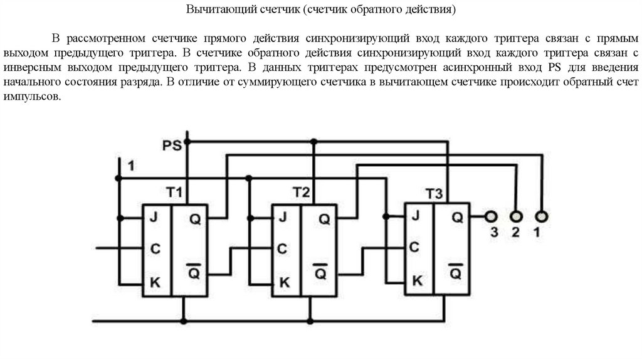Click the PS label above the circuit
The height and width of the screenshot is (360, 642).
pos(172,146)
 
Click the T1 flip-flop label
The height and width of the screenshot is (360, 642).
pos(174,192)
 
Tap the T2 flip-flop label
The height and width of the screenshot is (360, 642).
pos(302,191)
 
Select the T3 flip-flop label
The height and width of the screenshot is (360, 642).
pos(434,194)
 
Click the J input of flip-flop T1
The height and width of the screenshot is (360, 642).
pos(153,218)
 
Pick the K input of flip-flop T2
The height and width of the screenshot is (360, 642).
pos(284,282)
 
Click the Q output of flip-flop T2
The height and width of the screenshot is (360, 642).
pos(324,219)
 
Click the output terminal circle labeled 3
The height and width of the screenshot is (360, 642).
pos(491,217)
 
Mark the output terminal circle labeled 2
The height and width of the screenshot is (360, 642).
pos(516,217)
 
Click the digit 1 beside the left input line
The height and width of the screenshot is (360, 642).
pos(131,166)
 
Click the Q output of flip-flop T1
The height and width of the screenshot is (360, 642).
pos(194,219)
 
